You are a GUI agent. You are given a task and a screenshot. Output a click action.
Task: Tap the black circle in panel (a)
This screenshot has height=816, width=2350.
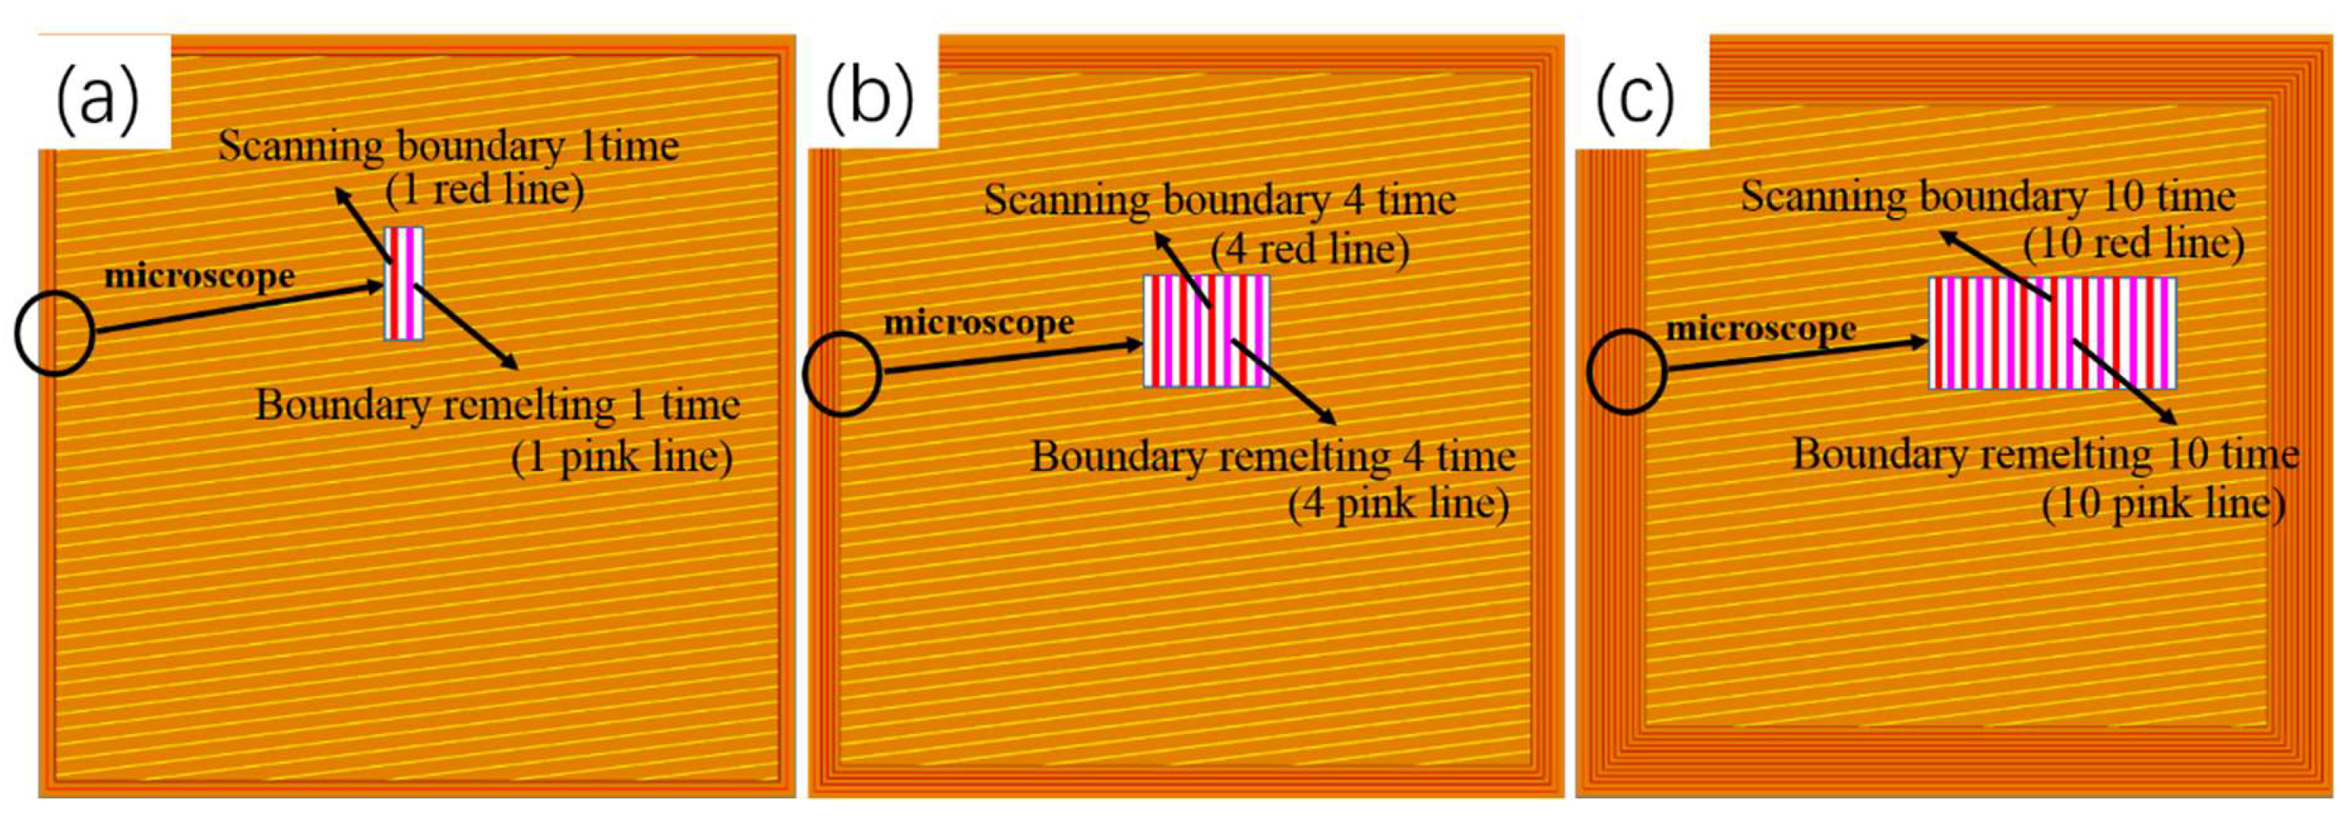point(54,333)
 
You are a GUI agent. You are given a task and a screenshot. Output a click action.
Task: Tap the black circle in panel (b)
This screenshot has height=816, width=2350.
point(842,374)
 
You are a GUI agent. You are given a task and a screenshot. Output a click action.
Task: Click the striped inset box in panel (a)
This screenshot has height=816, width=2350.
point(404,283)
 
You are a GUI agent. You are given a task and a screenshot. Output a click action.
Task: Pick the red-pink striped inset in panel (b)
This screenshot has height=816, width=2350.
point(1206,330)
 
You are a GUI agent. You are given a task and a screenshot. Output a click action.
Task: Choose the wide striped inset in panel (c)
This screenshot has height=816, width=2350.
point(2052,333)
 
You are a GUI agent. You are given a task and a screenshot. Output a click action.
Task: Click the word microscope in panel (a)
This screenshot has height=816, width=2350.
point(200,276)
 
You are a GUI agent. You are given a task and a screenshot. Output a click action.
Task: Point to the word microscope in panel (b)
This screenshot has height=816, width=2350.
point(979,322)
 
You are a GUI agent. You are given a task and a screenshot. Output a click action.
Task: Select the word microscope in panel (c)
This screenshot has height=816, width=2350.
point(1761,329)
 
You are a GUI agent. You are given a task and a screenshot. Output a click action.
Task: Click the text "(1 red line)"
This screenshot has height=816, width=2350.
point(483,190)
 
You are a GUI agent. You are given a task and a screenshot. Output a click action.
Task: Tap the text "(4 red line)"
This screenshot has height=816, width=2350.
point(1310,248)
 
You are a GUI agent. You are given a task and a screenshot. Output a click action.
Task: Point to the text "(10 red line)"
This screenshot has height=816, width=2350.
point(2133,243)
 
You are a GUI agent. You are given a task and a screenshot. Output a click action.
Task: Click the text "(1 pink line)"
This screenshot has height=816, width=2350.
point(621,457)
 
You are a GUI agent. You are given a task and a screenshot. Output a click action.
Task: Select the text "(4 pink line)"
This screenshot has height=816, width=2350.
point(1398,504)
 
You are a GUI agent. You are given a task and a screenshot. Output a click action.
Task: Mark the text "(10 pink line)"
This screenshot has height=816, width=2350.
point(2163,504)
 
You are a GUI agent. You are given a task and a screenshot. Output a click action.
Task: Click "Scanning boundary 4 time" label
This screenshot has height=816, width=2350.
point(1220,200)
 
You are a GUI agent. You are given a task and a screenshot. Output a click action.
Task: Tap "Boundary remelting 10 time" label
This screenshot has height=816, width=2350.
point(2045,454)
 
